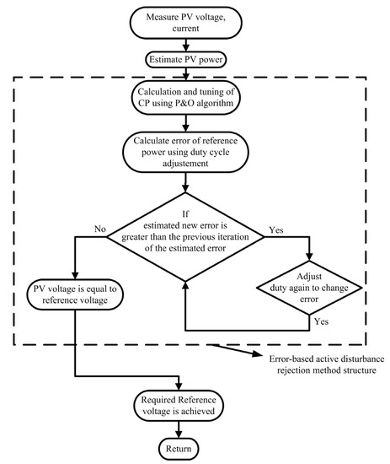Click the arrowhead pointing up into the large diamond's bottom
pyautogui.click(x=184, y=289)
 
